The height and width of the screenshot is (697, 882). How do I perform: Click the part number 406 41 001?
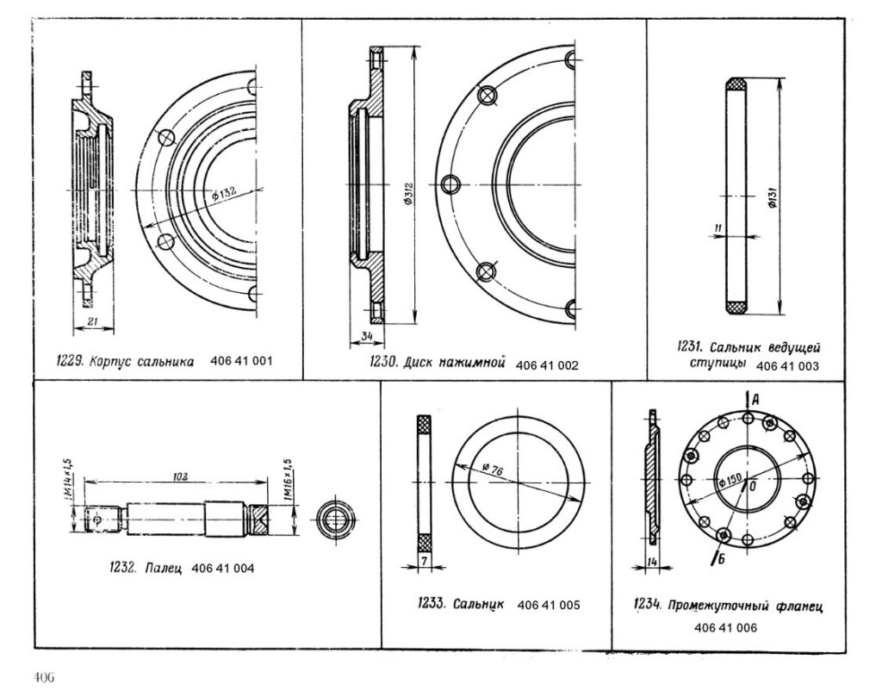click(x=241, y=361)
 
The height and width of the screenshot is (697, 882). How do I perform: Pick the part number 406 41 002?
click(x=546, y=366)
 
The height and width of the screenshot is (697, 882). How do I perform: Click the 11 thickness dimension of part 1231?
click(x=717, y=227)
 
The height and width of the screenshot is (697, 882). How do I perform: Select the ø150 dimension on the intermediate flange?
click(x=730, y=482)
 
